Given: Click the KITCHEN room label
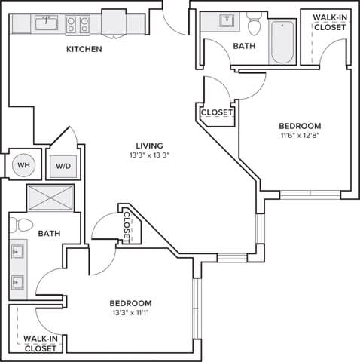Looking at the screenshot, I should (84, 50).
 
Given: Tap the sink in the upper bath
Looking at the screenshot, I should (226, 20).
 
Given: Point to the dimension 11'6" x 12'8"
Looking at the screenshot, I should (300, 137).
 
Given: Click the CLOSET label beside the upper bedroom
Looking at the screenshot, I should (216, 113).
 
